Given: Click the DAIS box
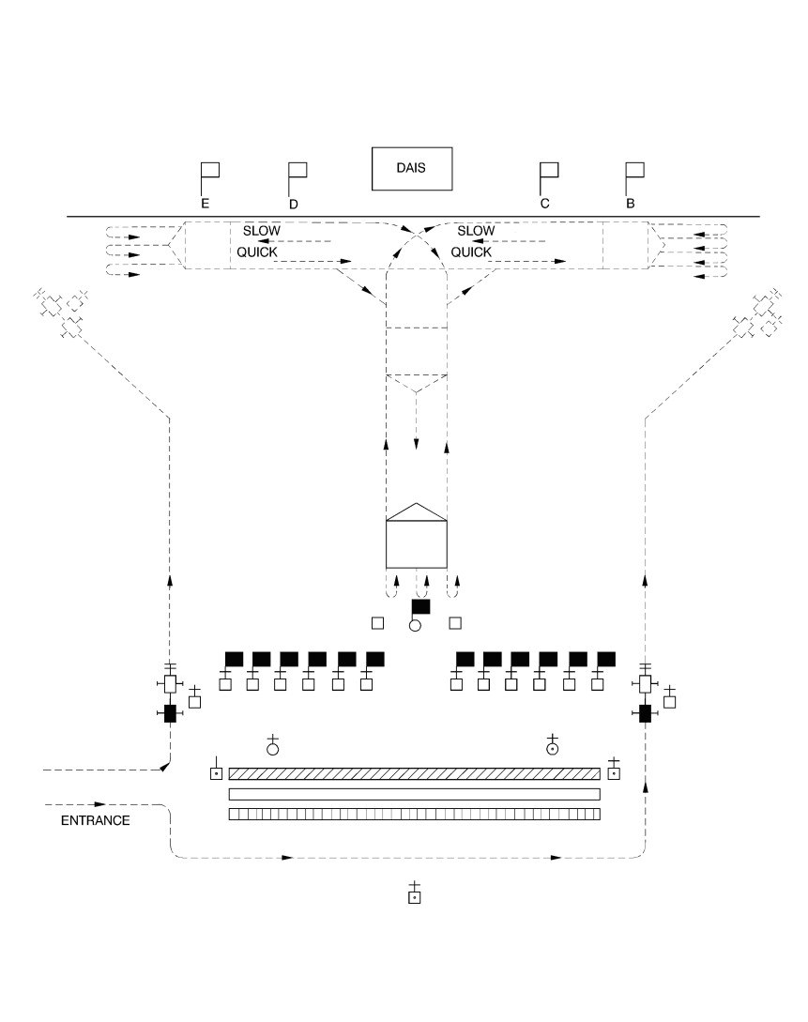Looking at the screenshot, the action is [412, 169].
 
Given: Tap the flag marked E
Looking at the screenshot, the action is [209, 178].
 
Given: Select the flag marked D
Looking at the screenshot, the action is [297, 179].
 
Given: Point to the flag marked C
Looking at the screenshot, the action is [549, 179].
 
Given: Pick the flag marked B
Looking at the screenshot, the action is [634, 179].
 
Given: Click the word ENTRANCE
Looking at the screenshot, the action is [95, 820].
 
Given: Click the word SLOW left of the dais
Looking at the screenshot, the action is [261, 231].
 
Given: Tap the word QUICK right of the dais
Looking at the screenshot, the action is [471, 252].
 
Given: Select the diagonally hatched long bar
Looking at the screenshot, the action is [415, 773].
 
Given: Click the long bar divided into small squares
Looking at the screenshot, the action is [415, 814].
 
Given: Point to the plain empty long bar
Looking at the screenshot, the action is [415, 795].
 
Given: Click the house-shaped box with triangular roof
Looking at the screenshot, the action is [417, 536].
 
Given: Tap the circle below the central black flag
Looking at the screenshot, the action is [415, 626].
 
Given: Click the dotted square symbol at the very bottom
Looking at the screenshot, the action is [415, 897].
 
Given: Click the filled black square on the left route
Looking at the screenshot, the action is [170, 713].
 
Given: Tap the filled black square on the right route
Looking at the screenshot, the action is [645, 713].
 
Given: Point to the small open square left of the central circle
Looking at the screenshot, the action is [377, 623].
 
